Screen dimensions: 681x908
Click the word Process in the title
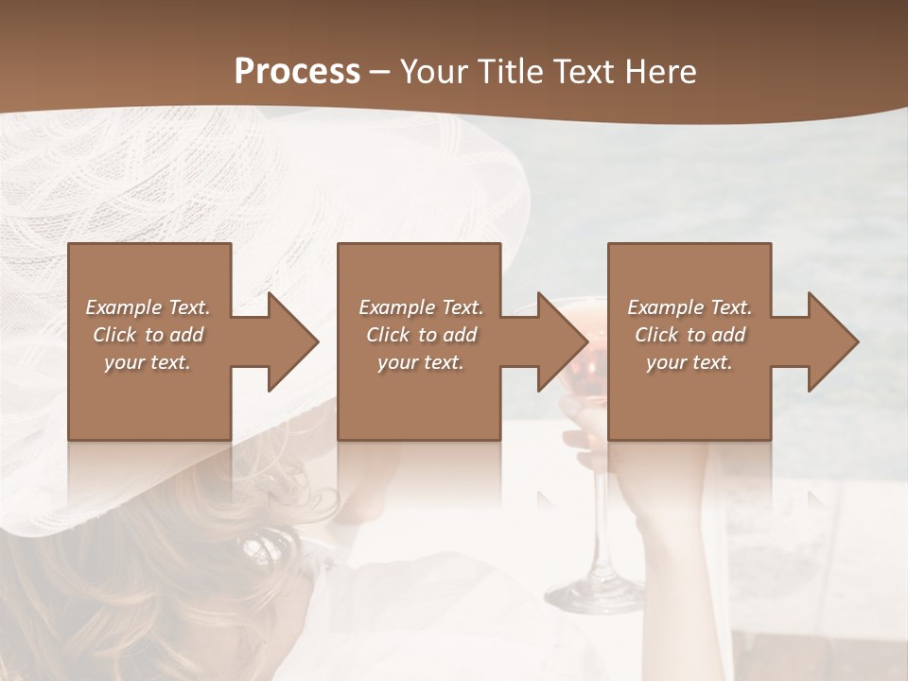297,72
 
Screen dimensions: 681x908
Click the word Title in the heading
509,72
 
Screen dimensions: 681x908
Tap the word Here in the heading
660,72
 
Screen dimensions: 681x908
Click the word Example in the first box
122,307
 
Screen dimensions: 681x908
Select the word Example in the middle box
394,307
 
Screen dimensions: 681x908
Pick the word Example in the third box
663,307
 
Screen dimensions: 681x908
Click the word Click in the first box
115,335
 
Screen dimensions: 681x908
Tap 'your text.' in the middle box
420,362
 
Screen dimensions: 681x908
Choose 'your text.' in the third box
689,362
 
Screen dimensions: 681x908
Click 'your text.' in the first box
148,362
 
